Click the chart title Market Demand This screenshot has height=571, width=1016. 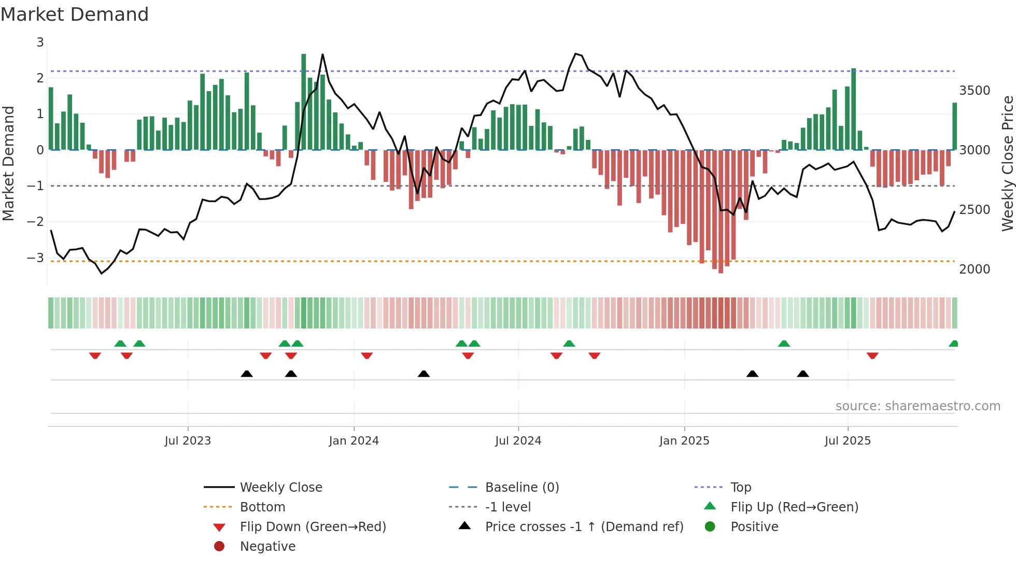(75, 15)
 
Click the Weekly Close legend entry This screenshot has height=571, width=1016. (280, 487)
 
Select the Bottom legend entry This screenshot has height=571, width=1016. (262, 507)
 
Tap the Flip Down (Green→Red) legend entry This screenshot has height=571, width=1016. (313, 526)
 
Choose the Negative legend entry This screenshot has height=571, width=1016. (267, 546)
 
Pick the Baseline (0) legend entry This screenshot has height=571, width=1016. (521, 487)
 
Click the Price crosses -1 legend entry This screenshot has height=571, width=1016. (584, 526)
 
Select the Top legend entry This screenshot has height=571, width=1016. (740, 487)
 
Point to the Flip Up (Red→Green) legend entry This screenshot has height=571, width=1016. (794, 507)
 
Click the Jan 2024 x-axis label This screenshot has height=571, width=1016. (354, 440)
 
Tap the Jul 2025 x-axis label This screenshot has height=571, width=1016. (848, 440)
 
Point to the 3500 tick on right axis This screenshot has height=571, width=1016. (975, 91)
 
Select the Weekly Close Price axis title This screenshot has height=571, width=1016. (1007, 163)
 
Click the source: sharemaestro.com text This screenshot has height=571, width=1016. (918, 406)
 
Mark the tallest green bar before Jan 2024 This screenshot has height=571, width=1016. (304, 102)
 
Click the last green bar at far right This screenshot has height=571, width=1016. (954, 126)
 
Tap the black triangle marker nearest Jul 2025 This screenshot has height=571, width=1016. (803, 374)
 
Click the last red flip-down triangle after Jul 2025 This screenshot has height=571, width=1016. (872, 356)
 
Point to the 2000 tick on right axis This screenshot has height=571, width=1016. (975, 269)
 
